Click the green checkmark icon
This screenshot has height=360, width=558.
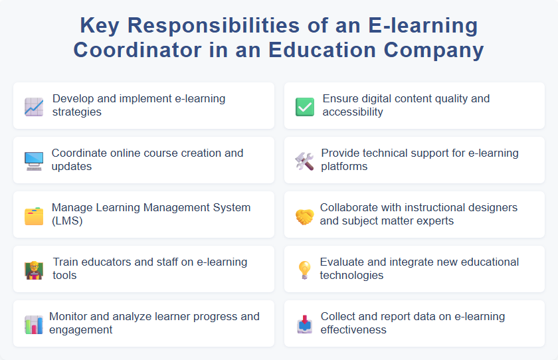[x=304, y=106]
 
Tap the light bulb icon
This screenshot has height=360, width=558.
[x=304, y=270]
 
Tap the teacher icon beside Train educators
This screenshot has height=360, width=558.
[x=34, y=270]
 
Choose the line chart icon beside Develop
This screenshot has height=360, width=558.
[x=34, y=106]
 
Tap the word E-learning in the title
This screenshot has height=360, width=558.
[x=422, y=25]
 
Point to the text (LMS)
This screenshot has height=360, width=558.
[x=68, y=221]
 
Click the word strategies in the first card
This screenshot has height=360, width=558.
[x=77, y=112]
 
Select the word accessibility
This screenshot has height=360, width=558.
[x=353, y=112]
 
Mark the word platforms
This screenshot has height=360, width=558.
[x=345, y=166]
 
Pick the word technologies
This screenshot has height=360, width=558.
[x=351, y=275]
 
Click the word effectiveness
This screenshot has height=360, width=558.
[x=353, y=329]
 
